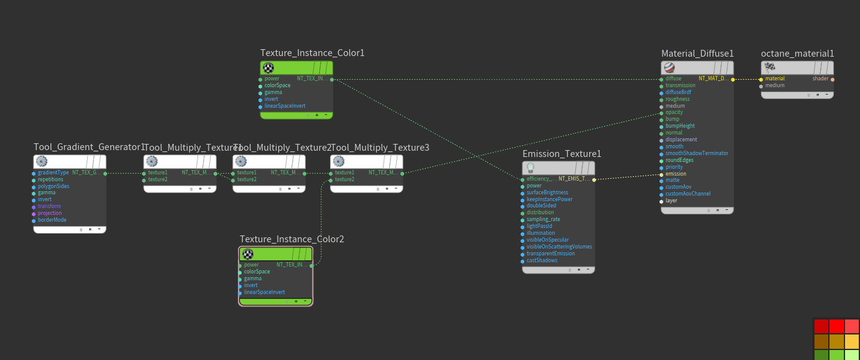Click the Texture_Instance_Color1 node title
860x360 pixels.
tap(312, 53)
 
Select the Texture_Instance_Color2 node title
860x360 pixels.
tap(291, 239)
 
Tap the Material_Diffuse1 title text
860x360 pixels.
tap(697, 54)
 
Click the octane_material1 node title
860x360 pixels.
tap(797, 54)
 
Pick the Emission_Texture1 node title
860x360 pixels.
tap(562, 154)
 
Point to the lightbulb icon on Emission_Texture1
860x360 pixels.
tap(531, 168)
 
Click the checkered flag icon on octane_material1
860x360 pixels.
tap(770, 68)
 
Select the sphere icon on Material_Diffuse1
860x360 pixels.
tap(669, 68)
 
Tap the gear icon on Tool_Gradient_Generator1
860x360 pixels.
tap(42, 162)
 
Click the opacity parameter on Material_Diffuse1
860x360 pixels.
tap(674, 113)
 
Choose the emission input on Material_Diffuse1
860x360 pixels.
tap(676, 174)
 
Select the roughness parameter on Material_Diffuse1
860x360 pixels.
tap(677, 99)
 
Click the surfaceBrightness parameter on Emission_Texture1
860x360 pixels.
tap(547, 192)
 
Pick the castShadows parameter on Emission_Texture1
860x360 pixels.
tap(542, 260)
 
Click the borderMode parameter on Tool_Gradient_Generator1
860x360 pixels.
tap(52, 220)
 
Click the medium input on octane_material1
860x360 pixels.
tap(774, 86)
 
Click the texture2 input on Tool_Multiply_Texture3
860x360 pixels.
tap(344, 179)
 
